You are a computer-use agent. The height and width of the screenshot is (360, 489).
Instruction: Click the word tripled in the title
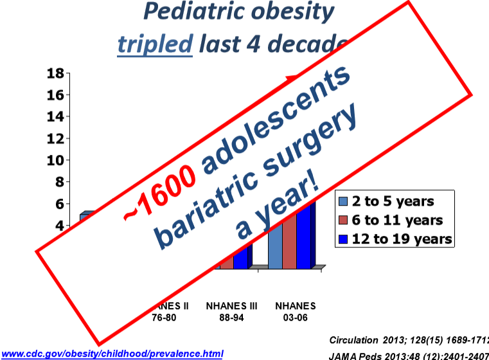(x=154, y=44)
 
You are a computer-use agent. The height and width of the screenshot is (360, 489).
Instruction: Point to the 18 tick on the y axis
(x=55, y=73)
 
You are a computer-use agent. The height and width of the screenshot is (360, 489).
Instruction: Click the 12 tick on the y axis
(x=55, y=138)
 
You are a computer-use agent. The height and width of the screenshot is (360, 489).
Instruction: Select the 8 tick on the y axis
(x=59, y=182)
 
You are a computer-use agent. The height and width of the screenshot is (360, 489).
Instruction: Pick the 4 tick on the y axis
(x=59, y=226)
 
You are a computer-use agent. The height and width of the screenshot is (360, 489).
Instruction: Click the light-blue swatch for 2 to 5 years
(x=343, y=202)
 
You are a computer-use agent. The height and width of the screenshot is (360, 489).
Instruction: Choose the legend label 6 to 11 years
(x=396, y=221)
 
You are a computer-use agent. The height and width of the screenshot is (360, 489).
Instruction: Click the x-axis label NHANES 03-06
(x=295, y=311)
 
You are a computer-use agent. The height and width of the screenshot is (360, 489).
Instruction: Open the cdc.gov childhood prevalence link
(x=112, y=354)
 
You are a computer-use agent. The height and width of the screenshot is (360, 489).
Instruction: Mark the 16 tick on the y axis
(x=55, y=94)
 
